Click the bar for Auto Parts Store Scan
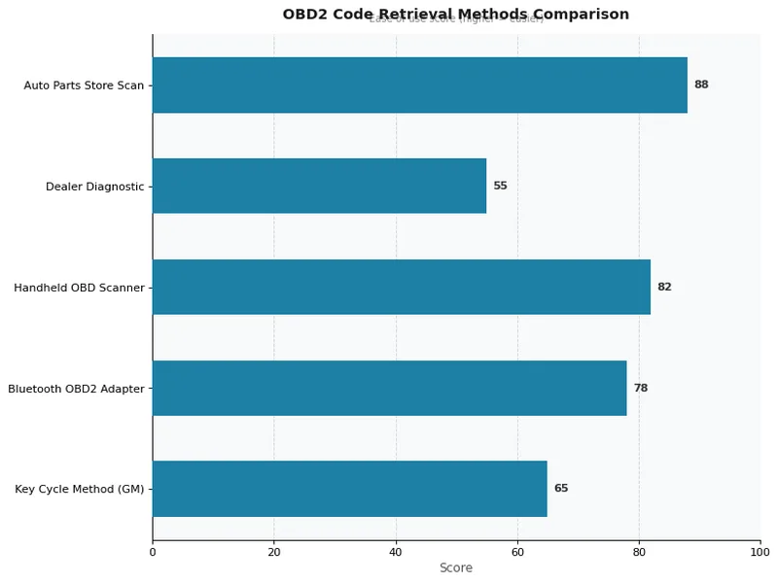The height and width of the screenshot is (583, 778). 420,86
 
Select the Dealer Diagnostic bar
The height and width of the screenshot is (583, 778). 319,186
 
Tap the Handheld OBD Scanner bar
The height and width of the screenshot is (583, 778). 402,287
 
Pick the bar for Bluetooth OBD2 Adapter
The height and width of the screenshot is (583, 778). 389,388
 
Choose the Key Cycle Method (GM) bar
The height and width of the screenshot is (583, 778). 350,489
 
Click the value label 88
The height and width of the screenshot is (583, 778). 701,86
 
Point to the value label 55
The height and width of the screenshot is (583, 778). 500,186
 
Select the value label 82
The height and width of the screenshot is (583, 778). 664,287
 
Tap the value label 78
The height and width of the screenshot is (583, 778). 640,388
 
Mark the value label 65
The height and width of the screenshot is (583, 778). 561,489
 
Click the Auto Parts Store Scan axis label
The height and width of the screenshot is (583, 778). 84,86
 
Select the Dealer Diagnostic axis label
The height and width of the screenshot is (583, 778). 94,186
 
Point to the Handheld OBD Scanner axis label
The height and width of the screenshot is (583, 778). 79,288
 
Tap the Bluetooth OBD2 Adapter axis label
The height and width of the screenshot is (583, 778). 76,389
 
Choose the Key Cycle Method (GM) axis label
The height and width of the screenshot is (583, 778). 79,489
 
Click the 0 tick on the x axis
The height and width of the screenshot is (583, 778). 153,553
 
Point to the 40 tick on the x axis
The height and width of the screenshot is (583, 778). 396,553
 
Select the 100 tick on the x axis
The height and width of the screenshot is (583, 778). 760,553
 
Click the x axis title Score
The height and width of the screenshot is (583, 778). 456,568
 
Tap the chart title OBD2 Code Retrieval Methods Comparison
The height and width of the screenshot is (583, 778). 456,15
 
